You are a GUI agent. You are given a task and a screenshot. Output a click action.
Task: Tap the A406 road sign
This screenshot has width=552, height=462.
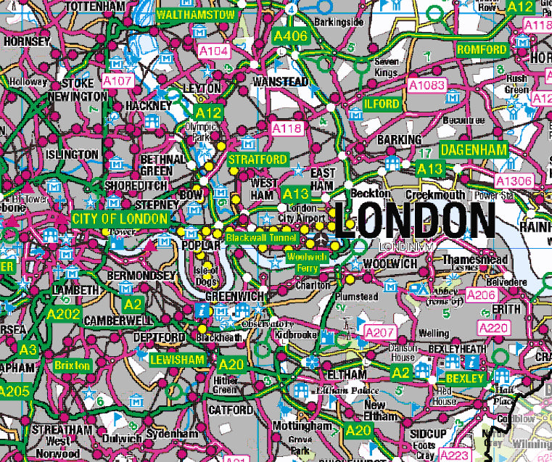point(290,35)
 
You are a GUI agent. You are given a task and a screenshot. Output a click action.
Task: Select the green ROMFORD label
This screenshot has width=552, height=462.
point(482,49)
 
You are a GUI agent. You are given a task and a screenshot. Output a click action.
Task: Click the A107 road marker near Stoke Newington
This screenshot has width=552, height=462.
point(118,81)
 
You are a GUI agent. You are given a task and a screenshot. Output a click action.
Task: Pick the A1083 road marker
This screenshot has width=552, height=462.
point(426,86)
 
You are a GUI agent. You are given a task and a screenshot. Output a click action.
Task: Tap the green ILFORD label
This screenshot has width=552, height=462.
point(382,104)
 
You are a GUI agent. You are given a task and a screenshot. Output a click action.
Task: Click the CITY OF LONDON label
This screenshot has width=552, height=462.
point(120,218)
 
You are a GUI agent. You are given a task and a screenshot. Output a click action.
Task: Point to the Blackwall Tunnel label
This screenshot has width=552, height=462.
point(260,237)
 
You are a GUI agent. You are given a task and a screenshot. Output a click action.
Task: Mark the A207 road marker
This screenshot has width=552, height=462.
point(378,331)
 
